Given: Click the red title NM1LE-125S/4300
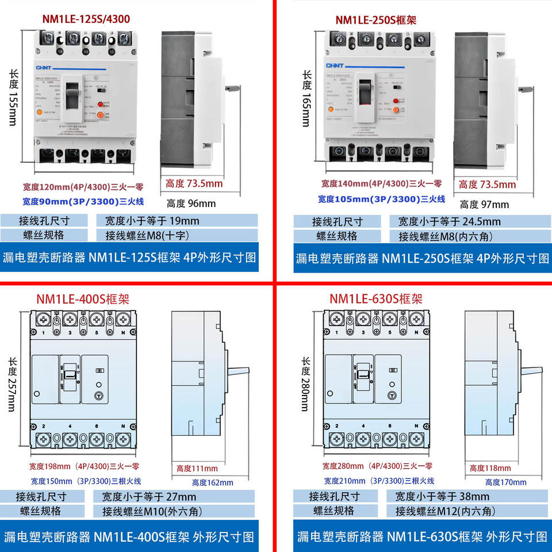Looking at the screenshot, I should [86, 19].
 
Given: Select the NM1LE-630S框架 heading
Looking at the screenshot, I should [376, 299].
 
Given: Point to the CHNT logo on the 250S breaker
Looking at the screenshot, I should [336, 67].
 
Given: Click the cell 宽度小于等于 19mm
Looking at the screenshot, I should [152, 221].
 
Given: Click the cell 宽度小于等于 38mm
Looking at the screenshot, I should [442, 496].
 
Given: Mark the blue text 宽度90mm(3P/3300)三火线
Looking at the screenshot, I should [83, 202].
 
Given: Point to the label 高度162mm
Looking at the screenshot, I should [212, 482].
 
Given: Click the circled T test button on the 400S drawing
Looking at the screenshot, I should [98, 396].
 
